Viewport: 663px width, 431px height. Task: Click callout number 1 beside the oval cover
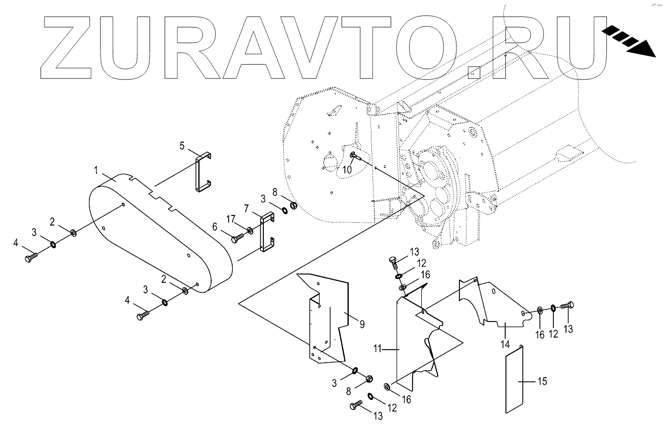pyautogui.click(x=96, y=171)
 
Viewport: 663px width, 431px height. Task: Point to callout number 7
pyautogui.click(x=247, y=208)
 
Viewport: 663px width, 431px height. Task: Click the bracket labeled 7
pyautogui.click(x=267, y=232)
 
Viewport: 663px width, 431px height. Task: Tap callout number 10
pyautogui.click(x=347, y=170)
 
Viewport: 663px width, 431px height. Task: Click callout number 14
pyautogui.click(x=505, y=345)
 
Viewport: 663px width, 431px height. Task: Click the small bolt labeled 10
pyautogui.click(x=356, y=156)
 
